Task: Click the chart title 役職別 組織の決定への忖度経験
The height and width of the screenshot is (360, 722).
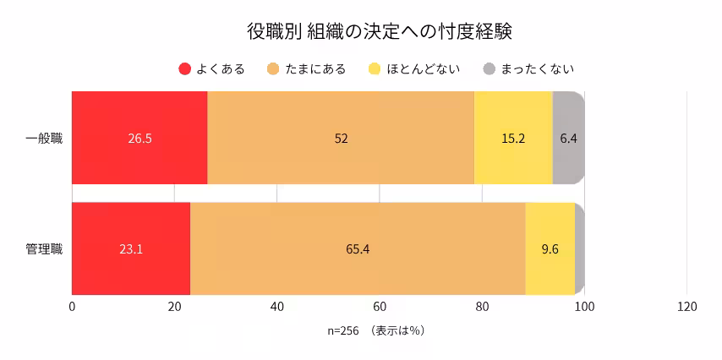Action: coord(380,31)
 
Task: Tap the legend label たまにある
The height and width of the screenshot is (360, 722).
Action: coord(315,69)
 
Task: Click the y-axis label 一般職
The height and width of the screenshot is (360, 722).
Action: coord(44,138)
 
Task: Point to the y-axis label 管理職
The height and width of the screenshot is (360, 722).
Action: coord(44,249)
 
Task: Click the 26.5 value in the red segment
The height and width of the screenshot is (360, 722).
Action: coord(139,138)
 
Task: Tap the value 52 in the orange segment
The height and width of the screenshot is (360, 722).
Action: coord(341,138)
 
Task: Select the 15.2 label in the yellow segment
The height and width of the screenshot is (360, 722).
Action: coord(513,138)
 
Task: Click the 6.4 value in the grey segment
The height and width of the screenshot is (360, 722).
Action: coord(568,138)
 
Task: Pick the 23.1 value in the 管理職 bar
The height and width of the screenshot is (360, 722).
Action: coord(131,249)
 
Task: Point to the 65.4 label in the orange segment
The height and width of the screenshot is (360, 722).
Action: coord(358,249)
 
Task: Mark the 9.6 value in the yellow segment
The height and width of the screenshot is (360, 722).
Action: coord(550,249)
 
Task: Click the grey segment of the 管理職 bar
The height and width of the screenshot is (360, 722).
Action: coord(579,249)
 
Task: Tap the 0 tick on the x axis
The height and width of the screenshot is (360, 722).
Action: coord(72,307)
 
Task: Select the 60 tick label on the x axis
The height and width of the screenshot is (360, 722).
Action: coord(380,307)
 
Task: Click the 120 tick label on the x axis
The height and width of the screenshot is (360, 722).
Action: coord(686,307)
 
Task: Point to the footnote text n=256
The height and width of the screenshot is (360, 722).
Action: coord(344,330)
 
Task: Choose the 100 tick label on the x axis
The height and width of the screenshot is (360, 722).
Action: coord(584,307)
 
